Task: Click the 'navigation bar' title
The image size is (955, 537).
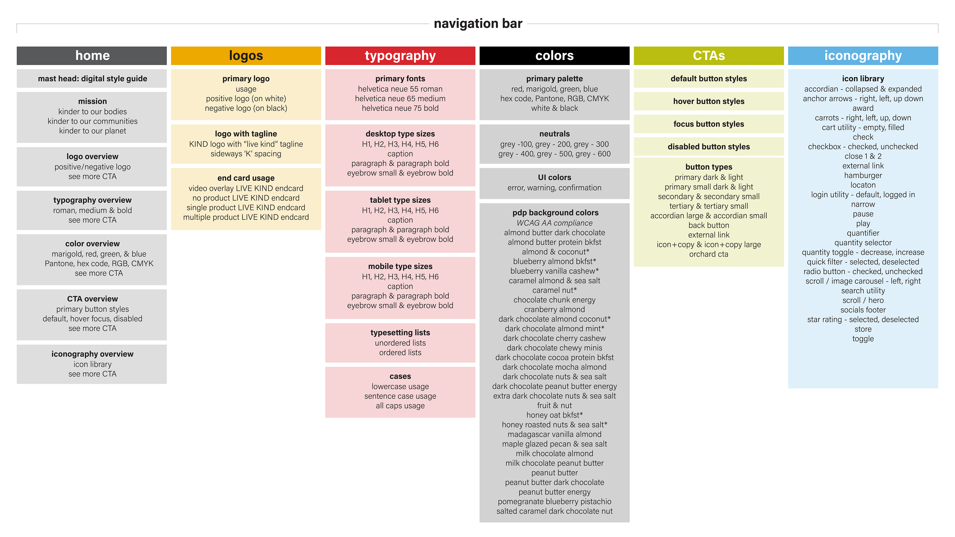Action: point(478,24)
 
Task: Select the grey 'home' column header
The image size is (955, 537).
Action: point(92,56)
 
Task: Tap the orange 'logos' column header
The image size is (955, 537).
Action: point(246,56)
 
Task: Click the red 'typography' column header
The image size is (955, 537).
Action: point(400,56)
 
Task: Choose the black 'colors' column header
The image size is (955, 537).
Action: point(554,56)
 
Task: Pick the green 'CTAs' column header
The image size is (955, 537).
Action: point(709,56)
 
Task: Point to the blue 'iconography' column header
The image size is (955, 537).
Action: point(863,56)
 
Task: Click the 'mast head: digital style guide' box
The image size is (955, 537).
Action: point(92,79)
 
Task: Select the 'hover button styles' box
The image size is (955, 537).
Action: point(709,101)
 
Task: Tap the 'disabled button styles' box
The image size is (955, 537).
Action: point(709,147)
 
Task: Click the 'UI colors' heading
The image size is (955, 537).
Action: point(554,178)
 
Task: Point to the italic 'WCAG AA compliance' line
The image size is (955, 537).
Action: point(554,223)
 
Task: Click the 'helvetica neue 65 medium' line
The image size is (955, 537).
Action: point(400,99)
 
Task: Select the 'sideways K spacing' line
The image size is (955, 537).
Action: point(246,154)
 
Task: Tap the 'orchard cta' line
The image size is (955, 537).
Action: point(709,254)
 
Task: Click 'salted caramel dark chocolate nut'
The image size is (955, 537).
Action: point(554,511)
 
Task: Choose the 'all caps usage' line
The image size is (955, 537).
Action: point(400,406)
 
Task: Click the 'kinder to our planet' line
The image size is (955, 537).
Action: point(92,131)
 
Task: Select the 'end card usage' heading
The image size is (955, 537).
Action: point(246,178)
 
